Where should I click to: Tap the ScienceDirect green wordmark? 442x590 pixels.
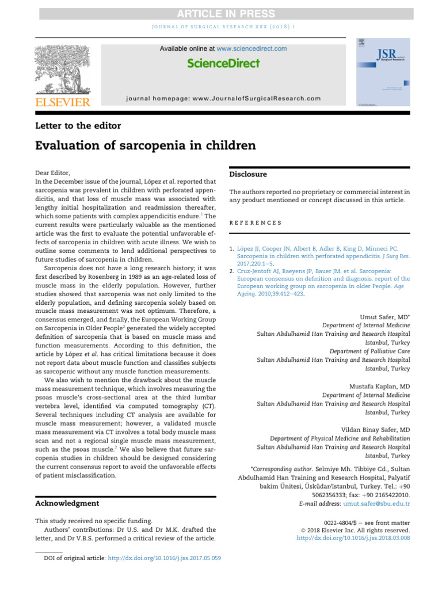click(x=223, y=63)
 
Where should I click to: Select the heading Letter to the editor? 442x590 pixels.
click(x=78, y=126)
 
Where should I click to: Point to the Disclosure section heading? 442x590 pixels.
click(x=248, y=174)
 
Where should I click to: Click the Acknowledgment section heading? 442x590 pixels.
click(x=67, y=503)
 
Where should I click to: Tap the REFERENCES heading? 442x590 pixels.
click(x=256, y=222)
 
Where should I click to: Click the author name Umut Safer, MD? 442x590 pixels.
click(x=385, y=317)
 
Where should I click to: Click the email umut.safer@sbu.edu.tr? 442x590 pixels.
click(x=376, y=504)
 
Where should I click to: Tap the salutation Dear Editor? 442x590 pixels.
click(x=53, y=172)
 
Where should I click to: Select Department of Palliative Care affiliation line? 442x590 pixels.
click(x=369, y=351)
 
